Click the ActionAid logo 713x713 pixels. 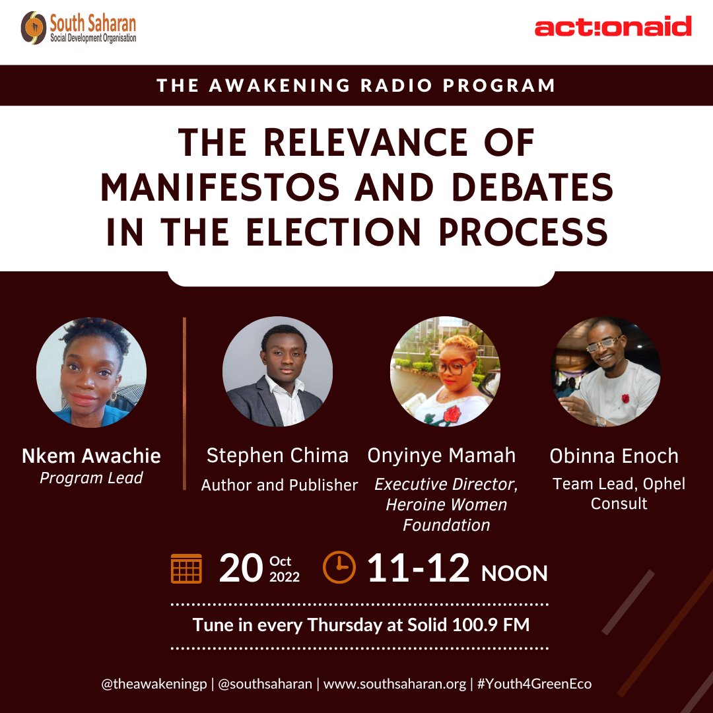click(x=613, y=28)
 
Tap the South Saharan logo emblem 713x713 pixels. click(x=33, y=28)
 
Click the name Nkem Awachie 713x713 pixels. click(x=91, y=456)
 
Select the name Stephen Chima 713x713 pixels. click(x=277, y=455)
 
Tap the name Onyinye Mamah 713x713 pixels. click(x=442, y=455)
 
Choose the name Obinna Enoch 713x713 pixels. click(x=614, y=456)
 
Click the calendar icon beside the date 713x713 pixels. click(x=186, y=568)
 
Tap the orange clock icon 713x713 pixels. click(x=339, y=568)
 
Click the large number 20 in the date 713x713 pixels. click(x=241, y=568)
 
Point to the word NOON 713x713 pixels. click(x=514, y=573)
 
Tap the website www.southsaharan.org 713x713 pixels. click(x=395, y=684)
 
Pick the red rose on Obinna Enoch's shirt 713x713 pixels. click(x=625, y=399)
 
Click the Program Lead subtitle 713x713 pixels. click(x=91, y=478)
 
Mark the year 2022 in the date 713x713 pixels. click(x=285, y=577)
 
